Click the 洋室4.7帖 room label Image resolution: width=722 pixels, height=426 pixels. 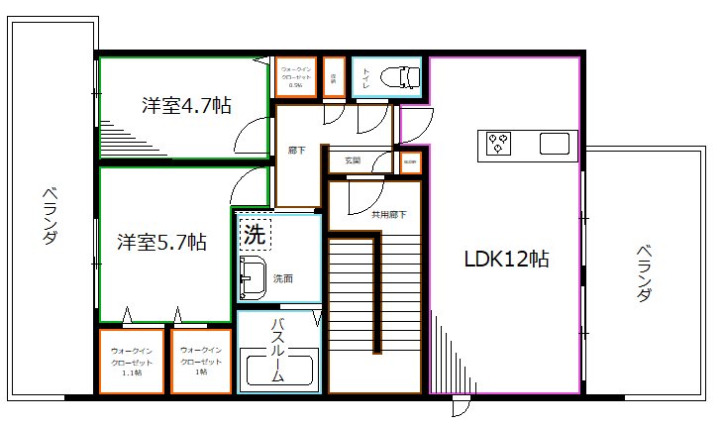(186, 105)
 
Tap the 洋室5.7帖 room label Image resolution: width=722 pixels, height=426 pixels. (161, 241)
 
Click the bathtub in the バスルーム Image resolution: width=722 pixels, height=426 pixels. (278, 372)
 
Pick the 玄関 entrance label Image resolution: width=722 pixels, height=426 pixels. (353, 160)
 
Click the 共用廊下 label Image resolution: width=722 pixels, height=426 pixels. (388, 214)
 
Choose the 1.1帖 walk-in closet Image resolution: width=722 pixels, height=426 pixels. (131, 362)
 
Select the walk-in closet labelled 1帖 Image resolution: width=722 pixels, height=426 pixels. (201, 362)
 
